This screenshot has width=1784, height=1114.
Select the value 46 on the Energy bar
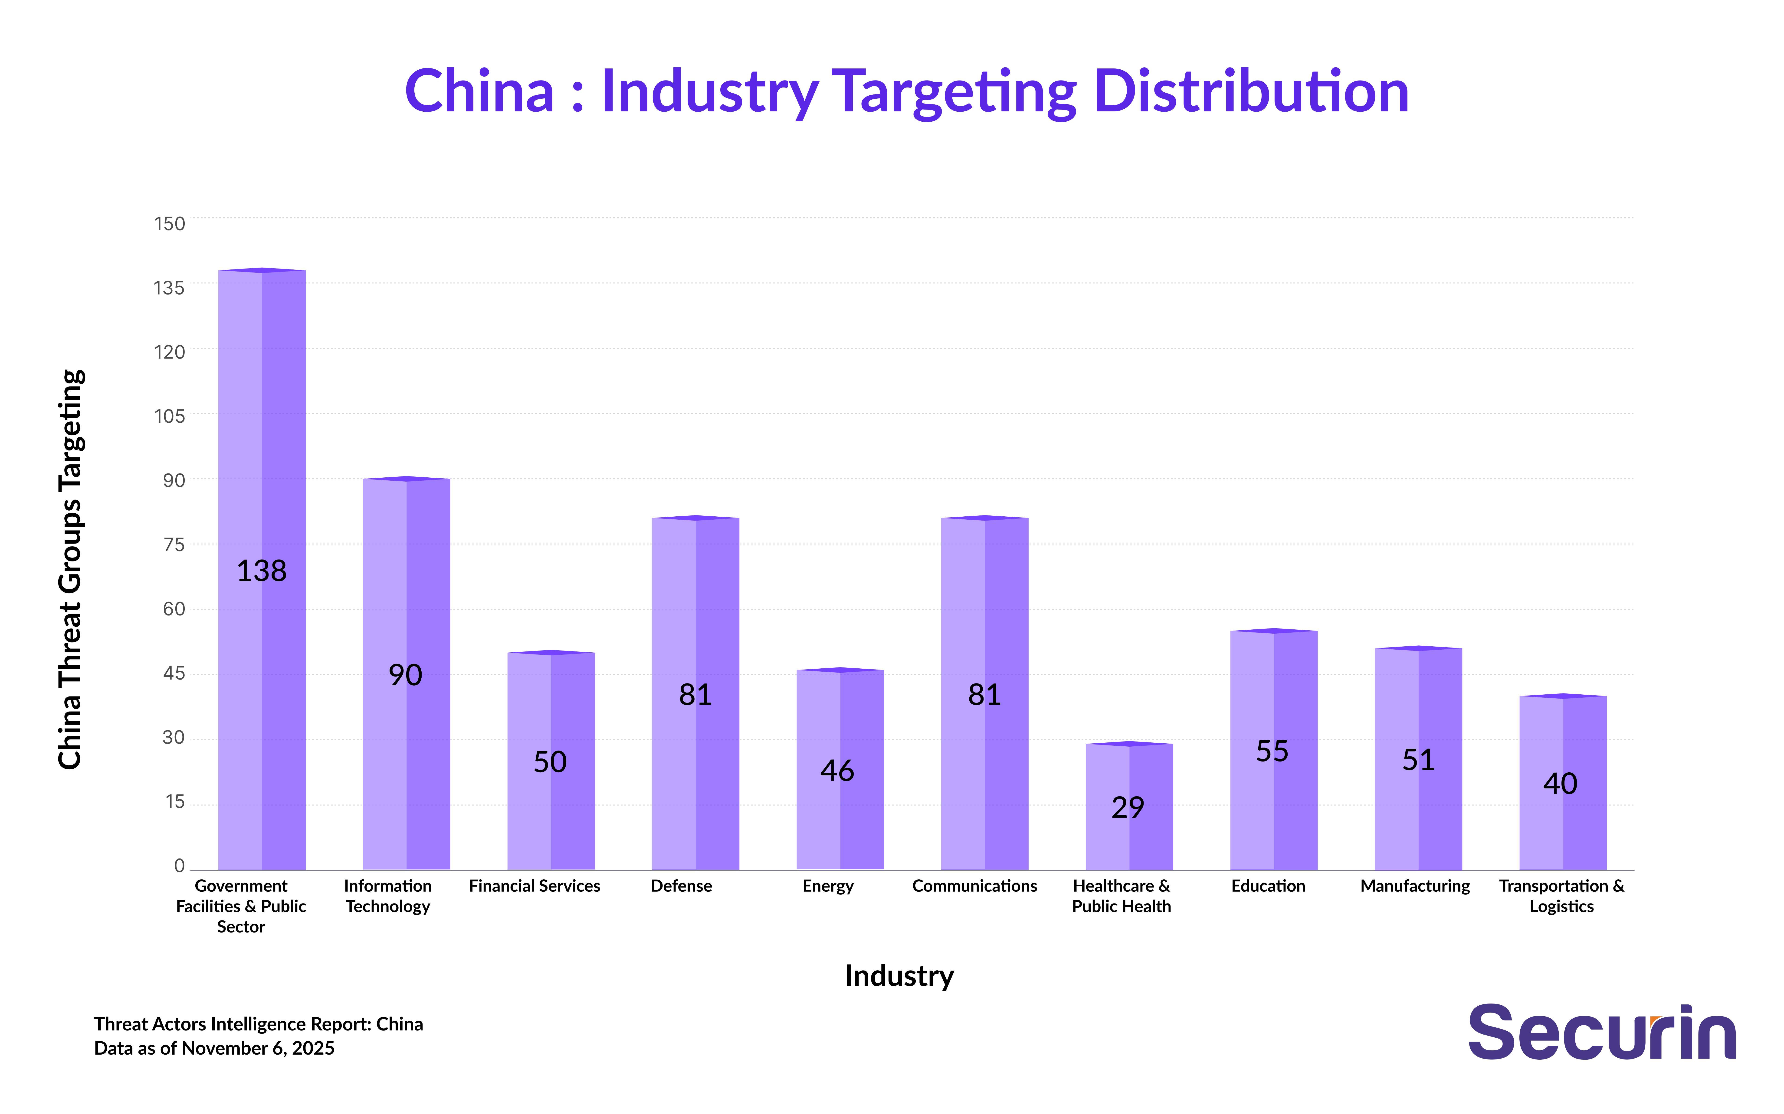click(x=837, y=771)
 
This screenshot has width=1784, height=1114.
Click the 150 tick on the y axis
click(x=170, y=223)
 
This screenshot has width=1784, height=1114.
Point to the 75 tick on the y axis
click(x=174, y=544)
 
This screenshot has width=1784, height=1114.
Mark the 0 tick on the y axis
click(x=179, y=866)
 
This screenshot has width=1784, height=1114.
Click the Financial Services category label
click(x=535, y=886)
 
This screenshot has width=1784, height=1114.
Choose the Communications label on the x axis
click(x=974, y=886)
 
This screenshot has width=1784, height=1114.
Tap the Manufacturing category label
click(x=1415, y=886)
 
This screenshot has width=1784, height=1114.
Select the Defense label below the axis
click(x=681, y=886)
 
